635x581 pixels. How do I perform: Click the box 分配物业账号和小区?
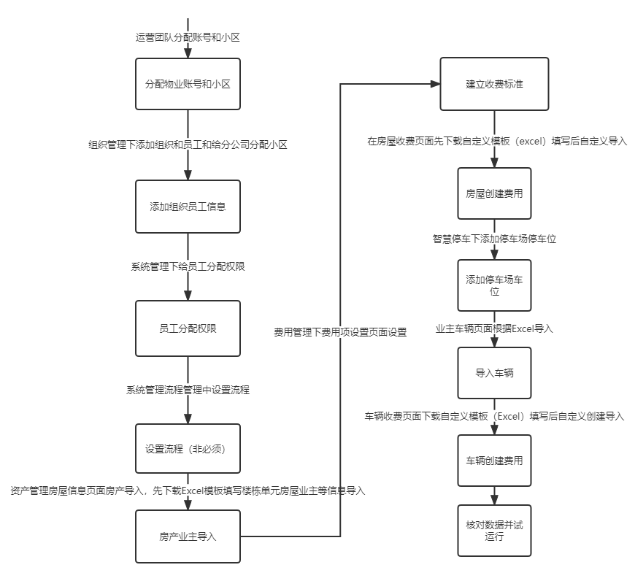(x=188, y=85)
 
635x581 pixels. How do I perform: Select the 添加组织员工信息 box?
(x=188, y=207)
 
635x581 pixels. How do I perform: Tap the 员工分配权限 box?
(x=188, y=328)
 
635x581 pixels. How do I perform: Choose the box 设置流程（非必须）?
(x=188, y=448)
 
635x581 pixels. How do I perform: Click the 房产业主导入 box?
(x=188, y=536)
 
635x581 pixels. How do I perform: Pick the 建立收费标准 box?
(x=494, y=84)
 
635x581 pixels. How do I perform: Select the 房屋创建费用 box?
(x=494, y=193)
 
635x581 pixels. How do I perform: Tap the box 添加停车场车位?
(x=494, y=285)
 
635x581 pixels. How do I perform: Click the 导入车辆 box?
(x=494, y=373)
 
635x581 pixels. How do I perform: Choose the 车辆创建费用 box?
(x=494, y=461)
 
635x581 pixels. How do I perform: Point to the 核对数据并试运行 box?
(x=494, y=530)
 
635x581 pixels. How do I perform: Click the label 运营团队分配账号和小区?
(x=188, y=36)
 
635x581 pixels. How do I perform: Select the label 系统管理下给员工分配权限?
(x=188, y=267)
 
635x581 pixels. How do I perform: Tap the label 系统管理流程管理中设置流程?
(x=188, y=390)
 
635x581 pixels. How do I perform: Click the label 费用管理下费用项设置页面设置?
(x=340, y=331)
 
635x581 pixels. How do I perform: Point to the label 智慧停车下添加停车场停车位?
(x=494, y=239)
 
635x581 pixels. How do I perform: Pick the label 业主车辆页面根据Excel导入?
(x=494, y=328)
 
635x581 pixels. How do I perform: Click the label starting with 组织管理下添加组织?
(x=188, y=145)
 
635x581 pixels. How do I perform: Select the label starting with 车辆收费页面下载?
(x=494, y=416)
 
